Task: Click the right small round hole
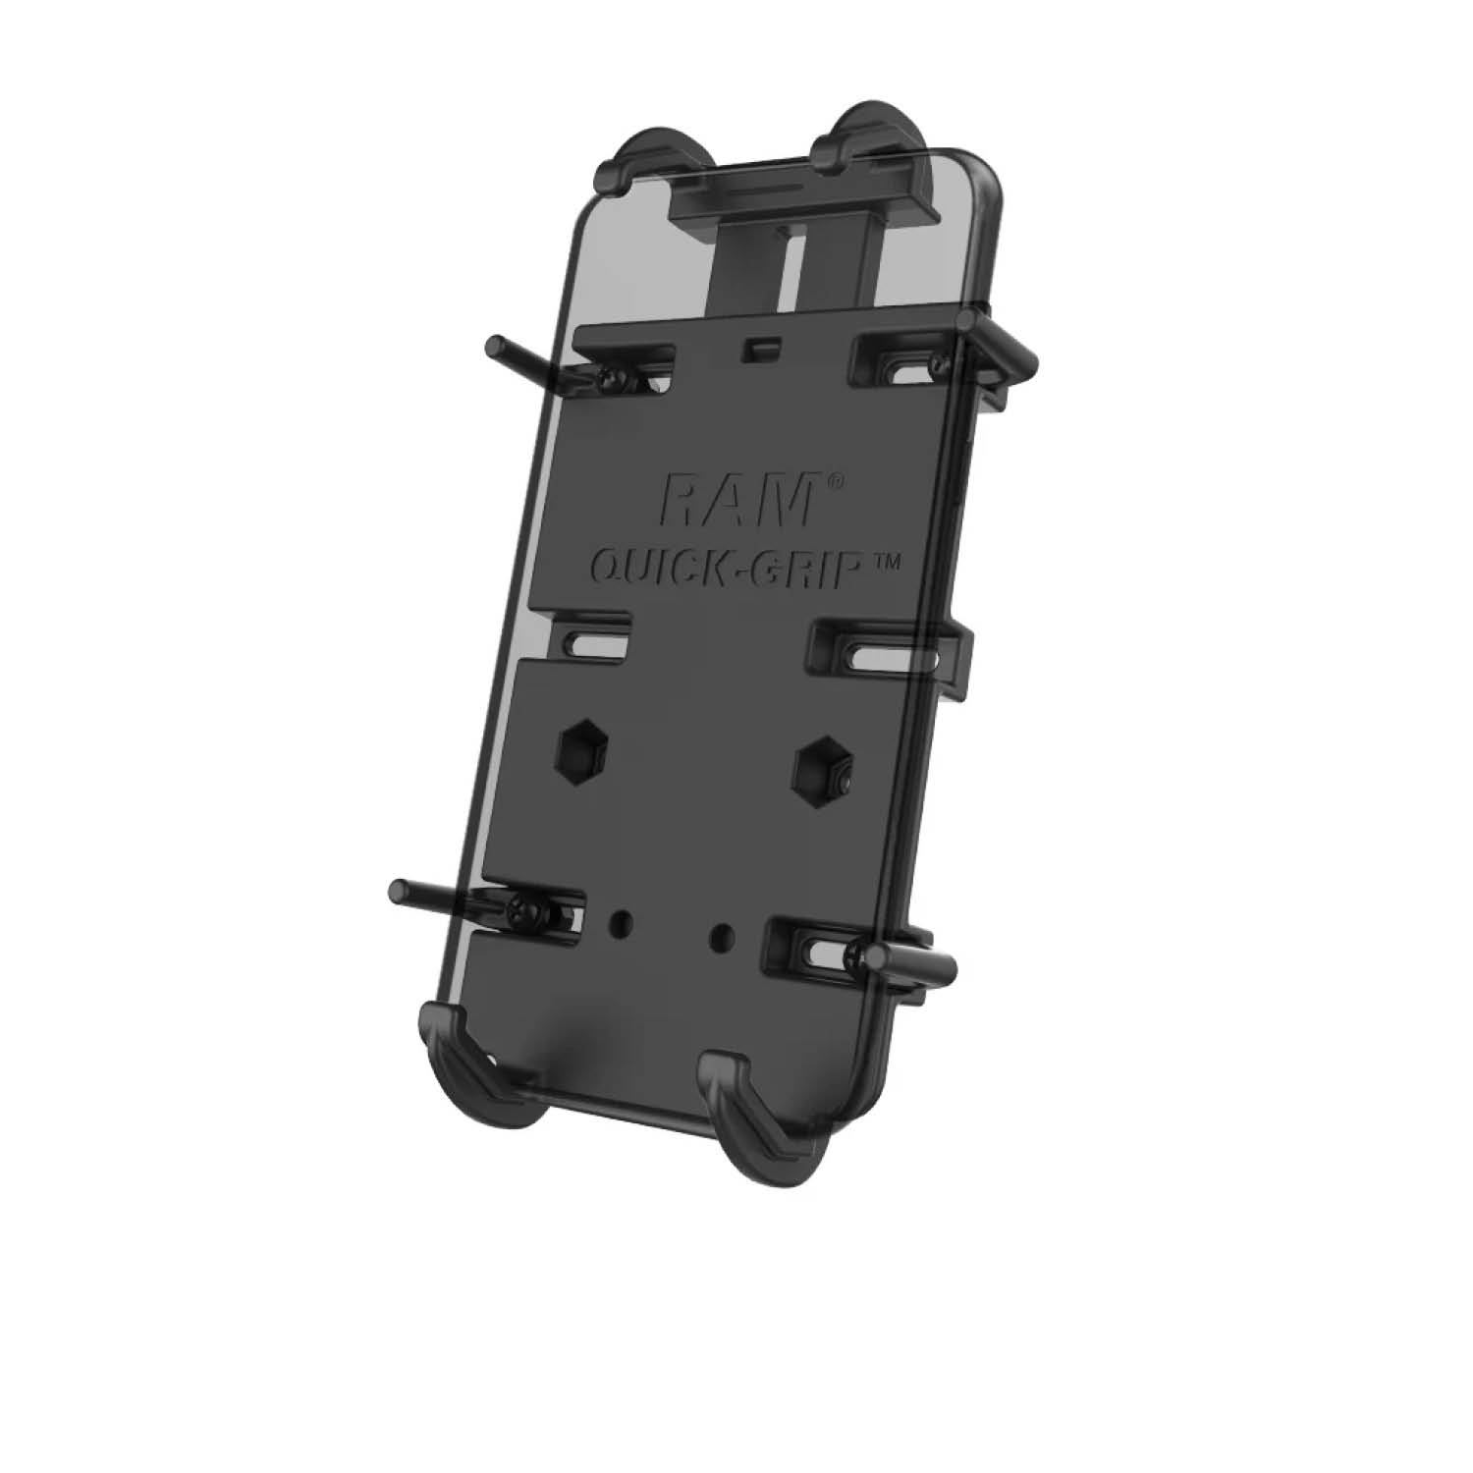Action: click(723, 931)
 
